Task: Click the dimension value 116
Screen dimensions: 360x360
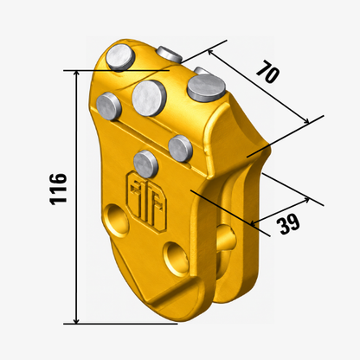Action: point(58,189)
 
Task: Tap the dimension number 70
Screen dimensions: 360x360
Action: point(268,71)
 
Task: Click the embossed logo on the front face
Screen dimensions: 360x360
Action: point(147,202)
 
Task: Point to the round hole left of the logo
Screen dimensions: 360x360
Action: point(116,221)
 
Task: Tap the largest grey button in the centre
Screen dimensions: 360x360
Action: point(149,99)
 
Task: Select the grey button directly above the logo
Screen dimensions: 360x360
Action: point(146,164)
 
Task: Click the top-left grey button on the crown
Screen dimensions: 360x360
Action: point(120,59)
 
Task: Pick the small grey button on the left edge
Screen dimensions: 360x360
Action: point(108,106)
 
